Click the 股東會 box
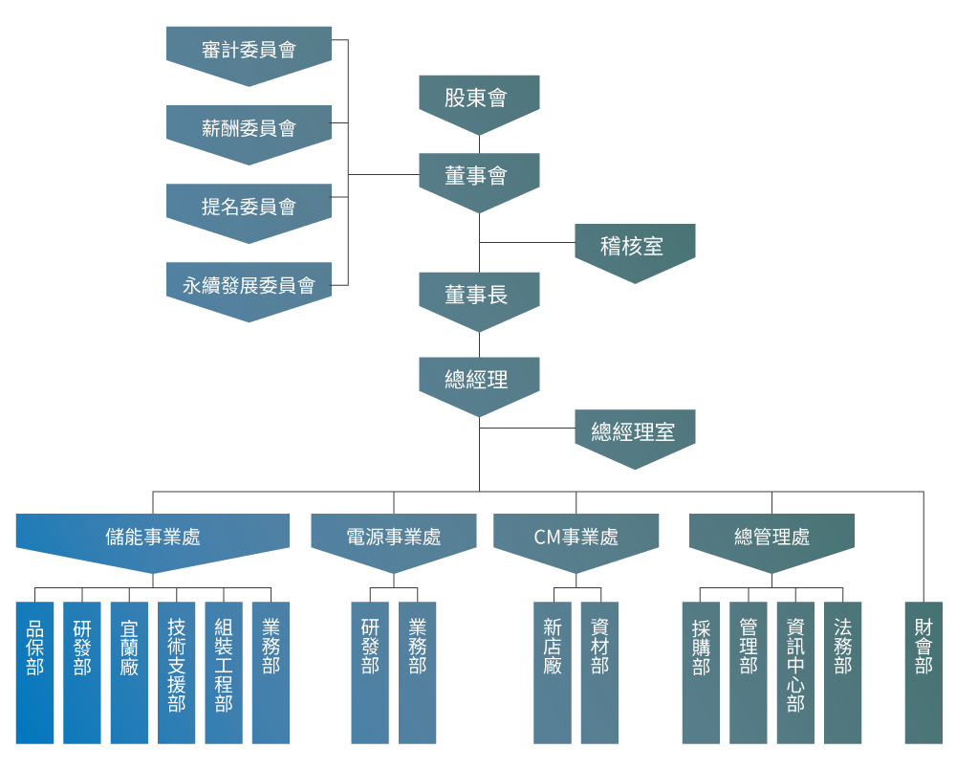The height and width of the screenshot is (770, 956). (479, 99)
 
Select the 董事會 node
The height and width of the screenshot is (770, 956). (479, 177)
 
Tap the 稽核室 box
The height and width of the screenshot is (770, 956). (635, 248)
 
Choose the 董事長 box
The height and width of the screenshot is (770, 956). (479, 296)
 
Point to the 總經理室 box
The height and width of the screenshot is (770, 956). (635, 433)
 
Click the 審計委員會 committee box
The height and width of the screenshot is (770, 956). (249, 50)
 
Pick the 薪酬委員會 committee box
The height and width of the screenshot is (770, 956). (249, 128)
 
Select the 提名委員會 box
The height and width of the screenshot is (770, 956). (249, 207)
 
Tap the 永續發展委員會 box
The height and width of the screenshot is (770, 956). (249, 285)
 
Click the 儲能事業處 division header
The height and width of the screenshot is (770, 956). (153, 538)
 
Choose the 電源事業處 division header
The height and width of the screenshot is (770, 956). (393, 538)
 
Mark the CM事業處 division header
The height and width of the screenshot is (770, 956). (576, 538)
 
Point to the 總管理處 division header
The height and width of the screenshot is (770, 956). (771, 538)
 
